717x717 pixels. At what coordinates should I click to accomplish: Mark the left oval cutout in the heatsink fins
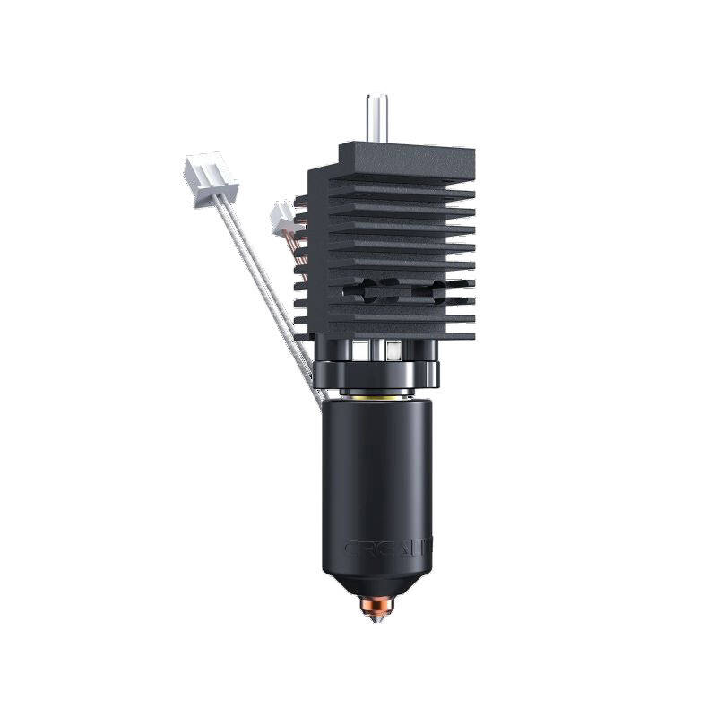coord(367,289)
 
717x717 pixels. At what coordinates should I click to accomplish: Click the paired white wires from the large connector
coord(260,278)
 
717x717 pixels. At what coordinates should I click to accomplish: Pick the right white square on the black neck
coord(395,347)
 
